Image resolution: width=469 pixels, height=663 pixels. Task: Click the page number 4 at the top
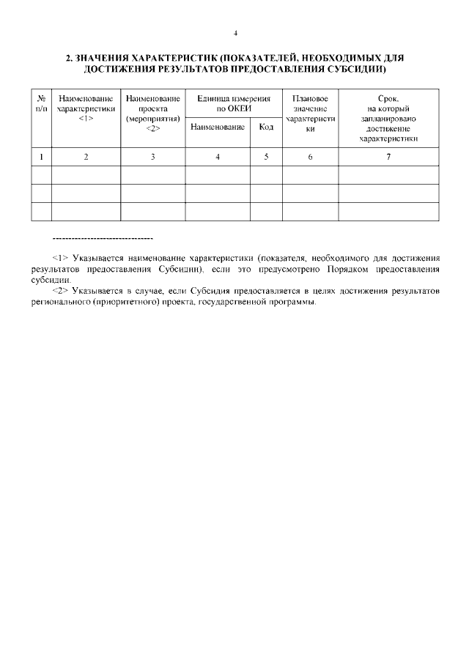(x=235, y=33)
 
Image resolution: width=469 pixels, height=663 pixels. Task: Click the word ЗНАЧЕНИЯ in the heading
(x=100, y=57)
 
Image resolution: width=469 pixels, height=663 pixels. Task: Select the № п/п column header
(x=42, y=103)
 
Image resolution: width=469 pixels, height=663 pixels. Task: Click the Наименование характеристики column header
(x=86, y=108)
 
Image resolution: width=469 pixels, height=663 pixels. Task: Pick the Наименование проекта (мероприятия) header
(x=152, y=113)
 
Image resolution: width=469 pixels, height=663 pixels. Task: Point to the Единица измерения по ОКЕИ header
(x=233, y=103)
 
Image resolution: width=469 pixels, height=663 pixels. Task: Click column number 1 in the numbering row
(x=42, y=156)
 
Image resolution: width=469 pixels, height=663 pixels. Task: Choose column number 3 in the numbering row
(x=152, y=156)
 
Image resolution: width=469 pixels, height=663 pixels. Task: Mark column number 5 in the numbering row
(x=266, y=156)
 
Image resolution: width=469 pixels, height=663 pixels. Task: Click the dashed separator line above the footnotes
(x=103, y=239)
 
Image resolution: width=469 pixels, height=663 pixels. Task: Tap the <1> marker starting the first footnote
(x=60, y=259)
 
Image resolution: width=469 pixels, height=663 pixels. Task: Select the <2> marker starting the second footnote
(x=60, y=292)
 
